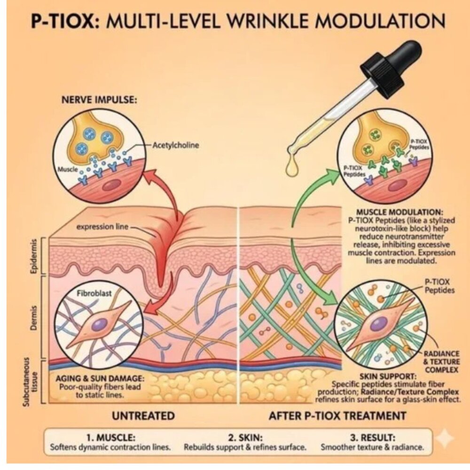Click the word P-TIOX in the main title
[x=65, y=21]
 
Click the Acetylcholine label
[x=176, y=145]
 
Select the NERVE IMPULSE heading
[x=99, y=100]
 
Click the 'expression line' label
[x=102, y=227]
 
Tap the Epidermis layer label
[x=34, y=256]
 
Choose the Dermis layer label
[x=34, y=318]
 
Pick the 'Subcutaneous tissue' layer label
[x=31, y=382]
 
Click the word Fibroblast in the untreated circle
[x=94, y=293]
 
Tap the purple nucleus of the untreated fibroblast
[x=100, y=325]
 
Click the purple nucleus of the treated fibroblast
[x=378, y=324]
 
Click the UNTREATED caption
[x=143, y=416]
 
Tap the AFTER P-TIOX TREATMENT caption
[x=337, y=416]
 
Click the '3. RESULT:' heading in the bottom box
[x=372, y=438]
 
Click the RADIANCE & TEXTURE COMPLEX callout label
[x=441, y=362]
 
